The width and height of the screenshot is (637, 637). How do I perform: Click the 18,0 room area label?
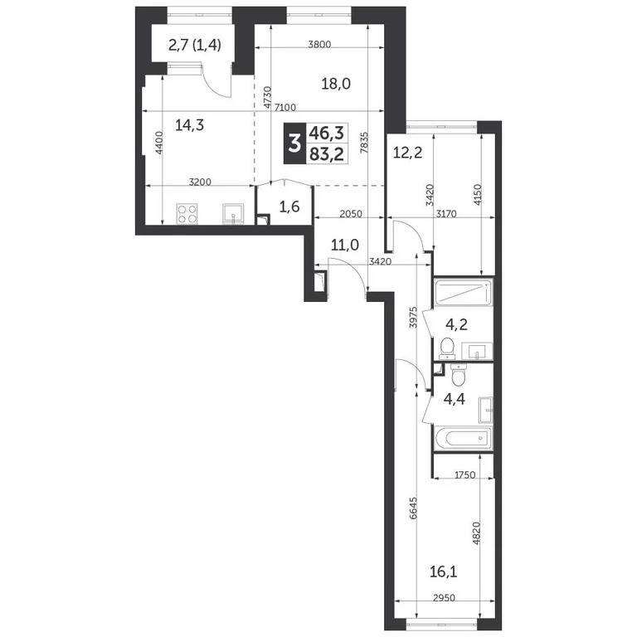338,84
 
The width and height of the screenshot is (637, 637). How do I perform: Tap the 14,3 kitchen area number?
190,125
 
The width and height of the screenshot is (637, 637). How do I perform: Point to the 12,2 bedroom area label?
406,152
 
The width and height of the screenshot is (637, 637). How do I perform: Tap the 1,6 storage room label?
289,207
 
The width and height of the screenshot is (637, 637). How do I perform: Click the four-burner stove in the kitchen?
186,214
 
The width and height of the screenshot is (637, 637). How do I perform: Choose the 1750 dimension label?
468,474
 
